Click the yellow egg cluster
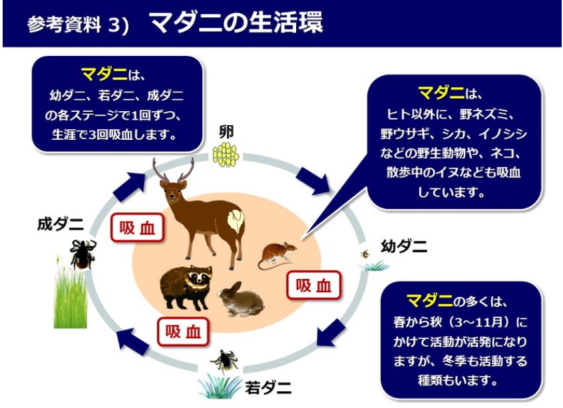[226, 154]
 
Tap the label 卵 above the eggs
[226, 132]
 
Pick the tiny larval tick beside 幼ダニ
[365, 254]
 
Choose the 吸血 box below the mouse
[313, 286]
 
